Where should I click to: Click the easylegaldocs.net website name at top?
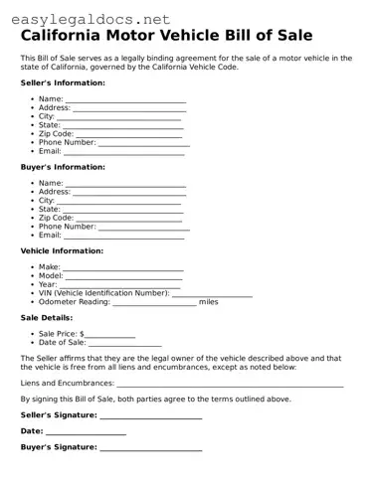[x=87, y=19]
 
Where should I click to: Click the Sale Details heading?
[x=46, y=318]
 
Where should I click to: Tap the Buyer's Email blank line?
[x=124, y=237]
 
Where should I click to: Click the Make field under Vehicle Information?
[x=123, y=269]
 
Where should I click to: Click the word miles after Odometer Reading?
[x=208, y=302]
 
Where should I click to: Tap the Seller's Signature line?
[x=150, y=415]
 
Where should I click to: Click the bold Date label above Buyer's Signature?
[x=32, y=431]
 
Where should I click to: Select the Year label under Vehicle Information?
[x=48, y=285]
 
